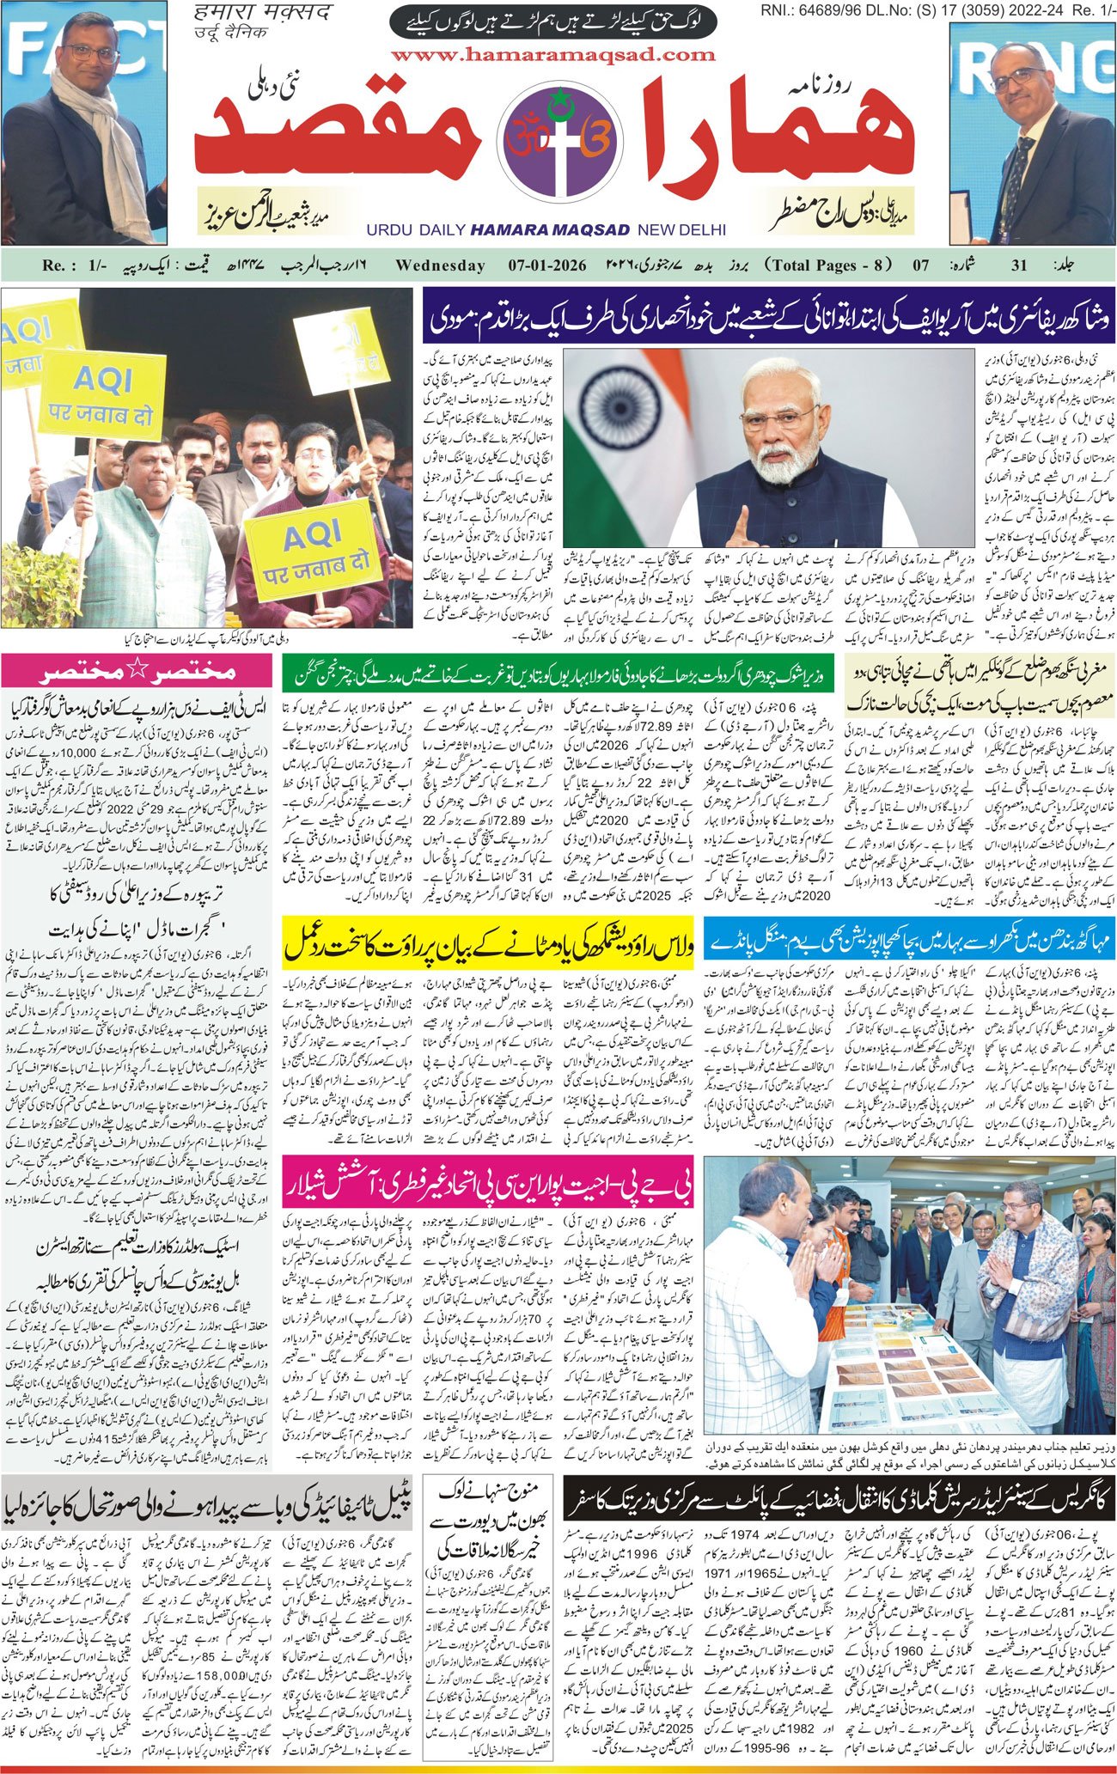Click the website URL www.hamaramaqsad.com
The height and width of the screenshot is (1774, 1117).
click(x=552, y=55)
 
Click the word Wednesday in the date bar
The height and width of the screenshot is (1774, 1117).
click(x=440, y=265)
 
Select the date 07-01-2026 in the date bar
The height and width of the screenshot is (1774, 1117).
click(x=540, y=265)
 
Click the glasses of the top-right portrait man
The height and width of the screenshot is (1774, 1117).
click(x=1019, y=79)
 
